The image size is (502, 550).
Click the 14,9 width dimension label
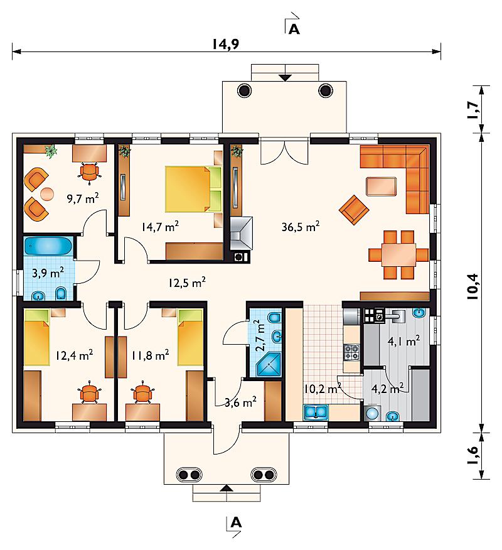click(x=226, y=45)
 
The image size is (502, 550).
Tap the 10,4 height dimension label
click(x=473, y=286)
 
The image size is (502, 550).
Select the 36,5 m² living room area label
click(x=301, y=226)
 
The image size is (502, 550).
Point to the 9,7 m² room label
click(x=83, y=198)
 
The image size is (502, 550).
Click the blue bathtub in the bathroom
click(x=48, y=245)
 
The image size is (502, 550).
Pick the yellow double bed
click(x=193, y=190)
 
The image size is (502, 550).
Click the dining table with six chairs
click(x=398, y=255)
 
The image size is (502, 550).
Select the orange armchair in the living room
click(x=354, y=210)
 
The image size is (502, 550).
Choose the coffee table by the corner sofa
click(x=382, y=186)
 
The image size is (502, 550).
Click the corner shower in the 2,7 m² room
click(x=269, y=364)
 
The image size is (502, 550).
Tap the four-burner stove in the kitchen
click(x=351, y=352)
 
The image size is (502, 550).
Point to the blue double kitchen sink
click(x=316, y=412)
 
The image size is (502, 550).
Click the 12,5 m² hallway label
click(x=187, y=283)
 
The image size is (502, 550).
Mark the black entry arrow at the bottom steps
click(x=227, y=488)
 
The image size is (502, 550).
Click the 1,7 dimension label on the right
click(x=473, y=110)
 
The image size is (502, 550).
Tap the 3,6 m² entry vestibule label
click(x=240, y=402)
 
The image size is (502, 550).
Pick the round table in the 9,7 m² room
click(x=47, y=193)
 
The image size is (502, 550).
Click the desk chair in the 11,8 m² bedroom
click(x=142, y=392)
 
